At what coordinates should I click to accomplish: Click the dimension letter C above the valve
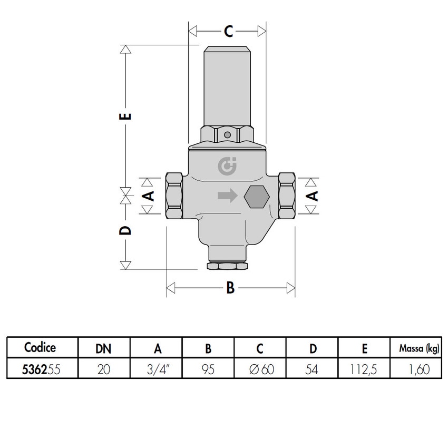(x=228, y=32)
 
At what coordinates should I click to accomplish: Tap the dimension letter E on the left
(x=125, y=116)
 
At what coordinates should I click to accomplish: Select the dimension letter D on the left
(x=125, y=230)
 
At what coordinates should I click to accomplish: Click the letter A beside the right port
(x=313, y=196)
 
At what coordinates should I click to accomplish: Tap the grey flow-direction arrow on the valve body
(x=228, y=196)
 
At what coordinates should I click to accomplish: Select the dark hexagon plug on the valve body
(x=257, y=197)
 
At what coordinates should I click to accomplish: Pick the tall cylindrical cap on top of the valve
(x=227, y=87)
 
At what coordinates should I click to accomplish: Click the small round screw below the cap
(x=227, y=135)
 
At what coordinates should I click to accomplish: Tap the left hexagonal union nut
(x=174, y=196)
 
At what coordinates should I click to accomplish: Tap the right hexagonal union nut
(x=287, y=196)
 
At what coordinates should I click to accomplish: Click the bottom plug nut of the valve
(x=227, y=265)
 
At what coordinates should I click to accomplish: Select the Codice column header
(x=40, y=347)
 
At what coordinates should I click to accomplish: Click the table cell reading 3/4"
(x=157, y=369)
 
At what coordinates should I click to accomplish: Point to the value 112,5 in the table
(x=365, y=369)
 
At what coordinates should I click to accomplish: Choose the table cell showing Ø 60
(x=260, y=369)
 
